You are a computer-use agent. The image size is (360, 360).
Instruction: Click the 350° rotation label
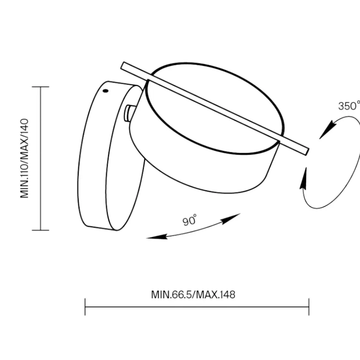(x=349, y=106)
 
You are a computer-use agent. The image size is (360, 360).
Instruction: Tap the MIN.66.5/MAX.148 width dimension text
(x=193, y=295)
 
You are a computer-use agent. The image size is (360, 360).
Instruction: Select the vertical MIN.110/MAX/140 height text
(x=24, y=158)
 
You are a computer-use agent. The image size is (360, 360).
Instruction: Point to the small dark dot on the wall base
(x=105, y=91)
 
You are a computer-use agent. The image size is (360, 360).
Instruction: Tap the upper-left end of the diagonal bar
(x=122, y=65)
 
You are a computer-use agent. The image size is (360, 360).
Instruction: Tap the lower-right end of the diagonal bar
(x=307, y=152)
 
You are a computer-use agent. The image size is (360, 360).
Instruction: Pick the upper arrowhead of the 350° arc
(x=327, y=130)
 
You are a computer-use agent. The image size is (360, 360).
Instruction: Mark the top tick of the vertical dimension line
(x=40, y=87)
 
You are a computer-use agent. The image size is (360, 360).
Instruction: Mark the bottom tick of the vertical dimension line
(x=40, y=230)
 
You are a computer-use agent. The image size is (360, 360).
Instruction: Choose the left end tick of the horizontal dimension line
(x=85, y=307)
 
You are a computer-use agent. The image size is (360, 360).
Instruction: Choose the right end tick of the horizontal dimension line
(x=309, y=307)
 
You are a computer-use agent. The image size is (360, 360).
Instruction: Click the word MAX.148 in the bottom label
(x=216, y=295)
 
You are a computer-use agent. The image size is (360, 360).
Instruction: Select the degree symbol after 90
(x=195, y=215)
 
